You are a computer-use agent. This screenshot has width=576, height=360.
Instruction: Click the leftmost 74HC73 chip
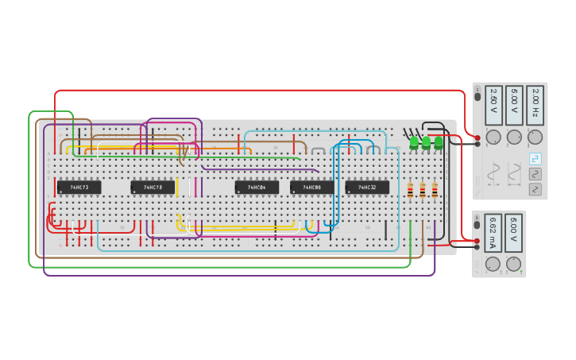click(x=79, y=188)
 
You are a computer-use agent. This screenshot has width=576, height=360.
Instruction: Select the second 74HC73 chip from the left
click(x=153, y=188)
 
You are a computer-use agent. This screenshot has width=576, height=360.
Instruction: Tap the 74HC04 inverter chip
click(x=257, y=188)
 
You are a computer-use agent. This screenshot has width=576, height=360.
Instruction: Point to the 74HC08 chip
click(x=312, y=188)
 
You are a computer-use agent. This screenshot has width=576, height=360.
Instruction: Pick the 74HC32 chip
click(x=367, y=188)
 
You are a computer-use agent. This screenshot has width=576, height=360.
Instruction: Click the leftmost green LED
click(x=414, y=143)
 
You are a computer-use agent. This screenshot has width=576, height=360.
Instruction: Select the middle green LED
click(x=426, y=143)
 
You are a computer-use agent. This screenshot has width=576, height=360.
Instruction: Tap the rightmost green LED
click(x=439, y=143)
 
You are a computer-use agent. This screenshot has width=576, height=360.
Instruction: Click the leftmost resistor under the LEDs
click(x=410, y=189)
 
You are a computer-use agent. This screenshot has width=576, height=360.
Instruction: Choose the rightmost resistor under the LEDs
click(x=435, y=189)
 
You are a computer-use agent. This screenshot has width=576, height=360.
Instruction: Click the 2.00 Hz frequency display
click(x=535, y=104)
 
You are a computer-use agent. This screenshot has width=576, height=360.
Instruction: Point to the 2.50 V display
click(x=493, y=104)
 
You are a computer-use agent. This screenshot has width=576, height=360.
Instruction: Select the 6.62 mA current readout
click(x=493, y=232)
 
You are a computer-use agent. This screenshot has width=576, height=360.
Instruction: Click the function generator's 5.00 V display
click(x=514, y=104)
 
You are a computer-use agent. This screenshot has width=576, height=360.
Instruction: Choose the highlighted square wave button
click(x=535, y=158)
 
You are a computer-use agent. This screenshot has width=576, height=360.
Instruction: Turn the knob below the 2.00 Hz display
click(x=535, y=137)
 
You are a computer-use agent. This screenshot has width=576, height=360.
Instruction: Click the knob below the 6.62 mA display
click(x=493, y=264)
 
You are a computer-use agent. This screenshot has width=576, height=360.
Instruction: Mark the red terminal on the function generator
click(x=477, y=137)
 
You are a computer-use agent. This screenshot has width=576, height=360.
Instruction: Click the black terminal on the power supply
click(x=477, y=247)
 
